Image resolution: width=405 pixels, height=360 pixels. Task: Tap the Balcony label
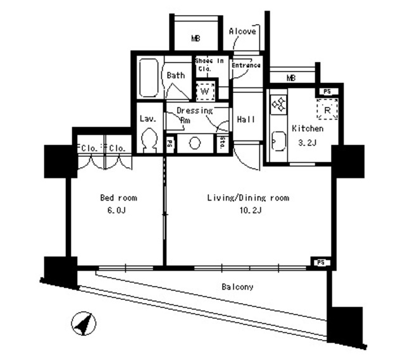[237, 287]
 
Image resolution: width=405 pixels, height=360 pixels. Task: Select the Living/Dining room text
[248, 198]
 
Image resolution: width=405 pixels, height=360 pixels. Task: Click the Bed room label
[118, 198]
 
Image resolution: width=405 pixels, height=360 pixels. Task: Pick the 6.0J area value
[118, 209]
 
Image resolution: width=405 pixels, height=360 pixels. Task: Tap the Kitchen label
[308, 128]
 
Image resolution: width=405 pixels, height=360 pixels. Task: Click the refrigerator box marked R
[327, 109]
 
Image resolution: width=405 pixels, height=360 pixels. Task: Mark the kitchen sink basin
[278, 140]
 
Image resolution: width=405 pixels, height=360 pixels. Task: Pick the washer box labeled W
[204, 91]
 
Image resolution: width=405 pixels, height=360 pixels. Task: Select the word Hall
[246, 120]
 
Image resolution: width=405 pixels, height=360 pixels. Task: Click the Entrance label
[246, 65]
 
